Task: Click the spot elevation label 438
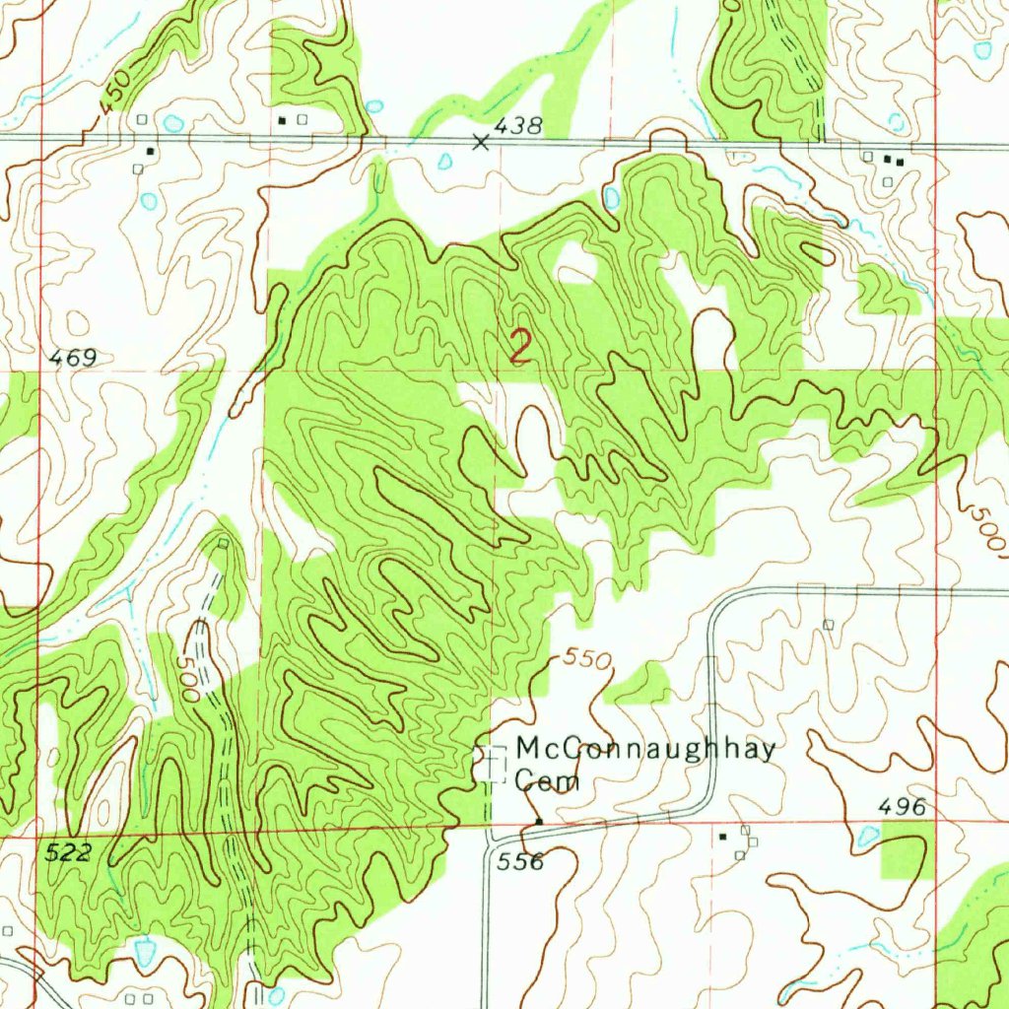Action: click(x=518, y=125)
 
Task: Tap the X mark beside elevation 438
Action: click(x=481, y=142)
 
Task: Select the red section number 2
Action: click(x=520, y=348)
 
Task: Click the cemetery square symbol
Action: click(x=492, y=764)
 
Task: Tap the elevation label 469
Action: click(x=73, y=359)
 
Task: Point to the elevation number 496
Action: click(x=902, y=808)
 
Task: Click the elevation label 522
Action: click(x=68, y=853)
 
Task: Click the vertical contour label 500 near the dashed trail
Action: click(x=191, y=681)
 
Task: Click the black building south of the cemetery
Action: click(x=539, y=821)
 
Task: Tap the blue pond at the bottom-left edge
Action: click(x=145, y=952)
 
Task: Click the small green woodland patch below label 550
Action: click(x=640, y=683)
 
